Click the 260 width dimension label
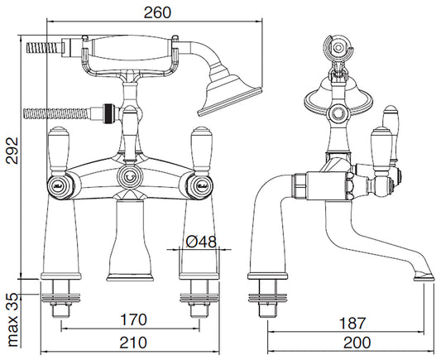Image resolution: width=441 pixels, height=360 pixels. (x=157, y=12)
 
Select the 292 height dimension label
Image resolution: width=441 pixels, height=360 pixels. (x=12, y=150)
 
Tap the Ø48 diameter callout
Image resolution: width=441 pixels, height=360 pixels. (x=201, y=242)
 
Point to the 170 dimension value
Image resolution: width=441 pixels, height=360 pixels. (x=133, y=319)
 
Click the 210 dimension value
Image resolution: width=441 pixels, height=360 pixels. (x=133, y=343)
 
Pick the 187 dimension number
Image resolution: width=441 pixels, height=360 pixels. (x=352, y=323)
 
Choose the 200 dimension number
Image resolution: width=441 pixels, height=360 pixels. (x=357, y=343)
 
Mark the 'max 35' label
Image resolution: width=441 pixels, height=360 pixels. (x=12, y=319)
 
